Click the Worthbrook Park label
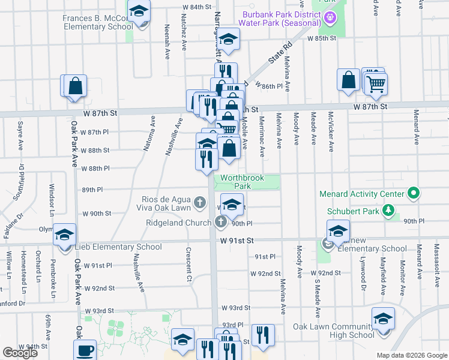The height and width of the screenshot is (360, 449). [x=235, y=182]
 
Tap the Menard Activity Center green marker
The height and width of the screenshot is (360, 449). [x=412, y=194]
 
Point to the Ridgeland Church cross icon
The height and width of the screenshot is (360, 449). [x=220, y=223]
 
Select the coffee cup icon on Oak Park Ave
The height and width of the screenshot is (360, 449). [x=85, y=350]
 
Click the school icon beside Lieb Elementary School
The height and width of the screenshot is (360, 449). [x=64, y=234]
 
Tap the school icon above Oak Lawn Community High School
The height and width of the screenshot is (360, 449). [x=383, y=319]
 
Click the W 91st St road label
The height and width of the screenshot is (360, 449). [x=237, y=240]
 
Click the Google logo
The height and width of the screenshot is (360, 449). [x=20, y=353]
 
